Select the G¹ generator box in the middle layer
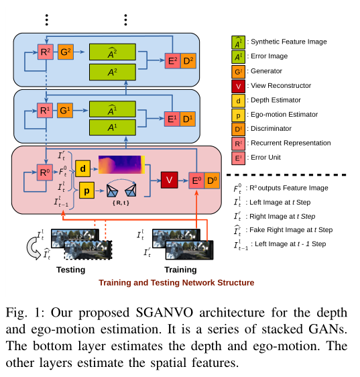point(66,108)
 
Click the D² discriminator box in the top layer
point(188,61)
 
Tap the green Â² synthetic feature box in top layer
point(112,52)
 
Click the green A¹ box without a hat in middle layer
point(112,126)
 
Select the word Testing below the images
point(70,270)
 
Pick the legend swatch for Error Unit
point(237,158)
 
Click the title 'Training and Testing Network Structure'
point(176,282)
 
